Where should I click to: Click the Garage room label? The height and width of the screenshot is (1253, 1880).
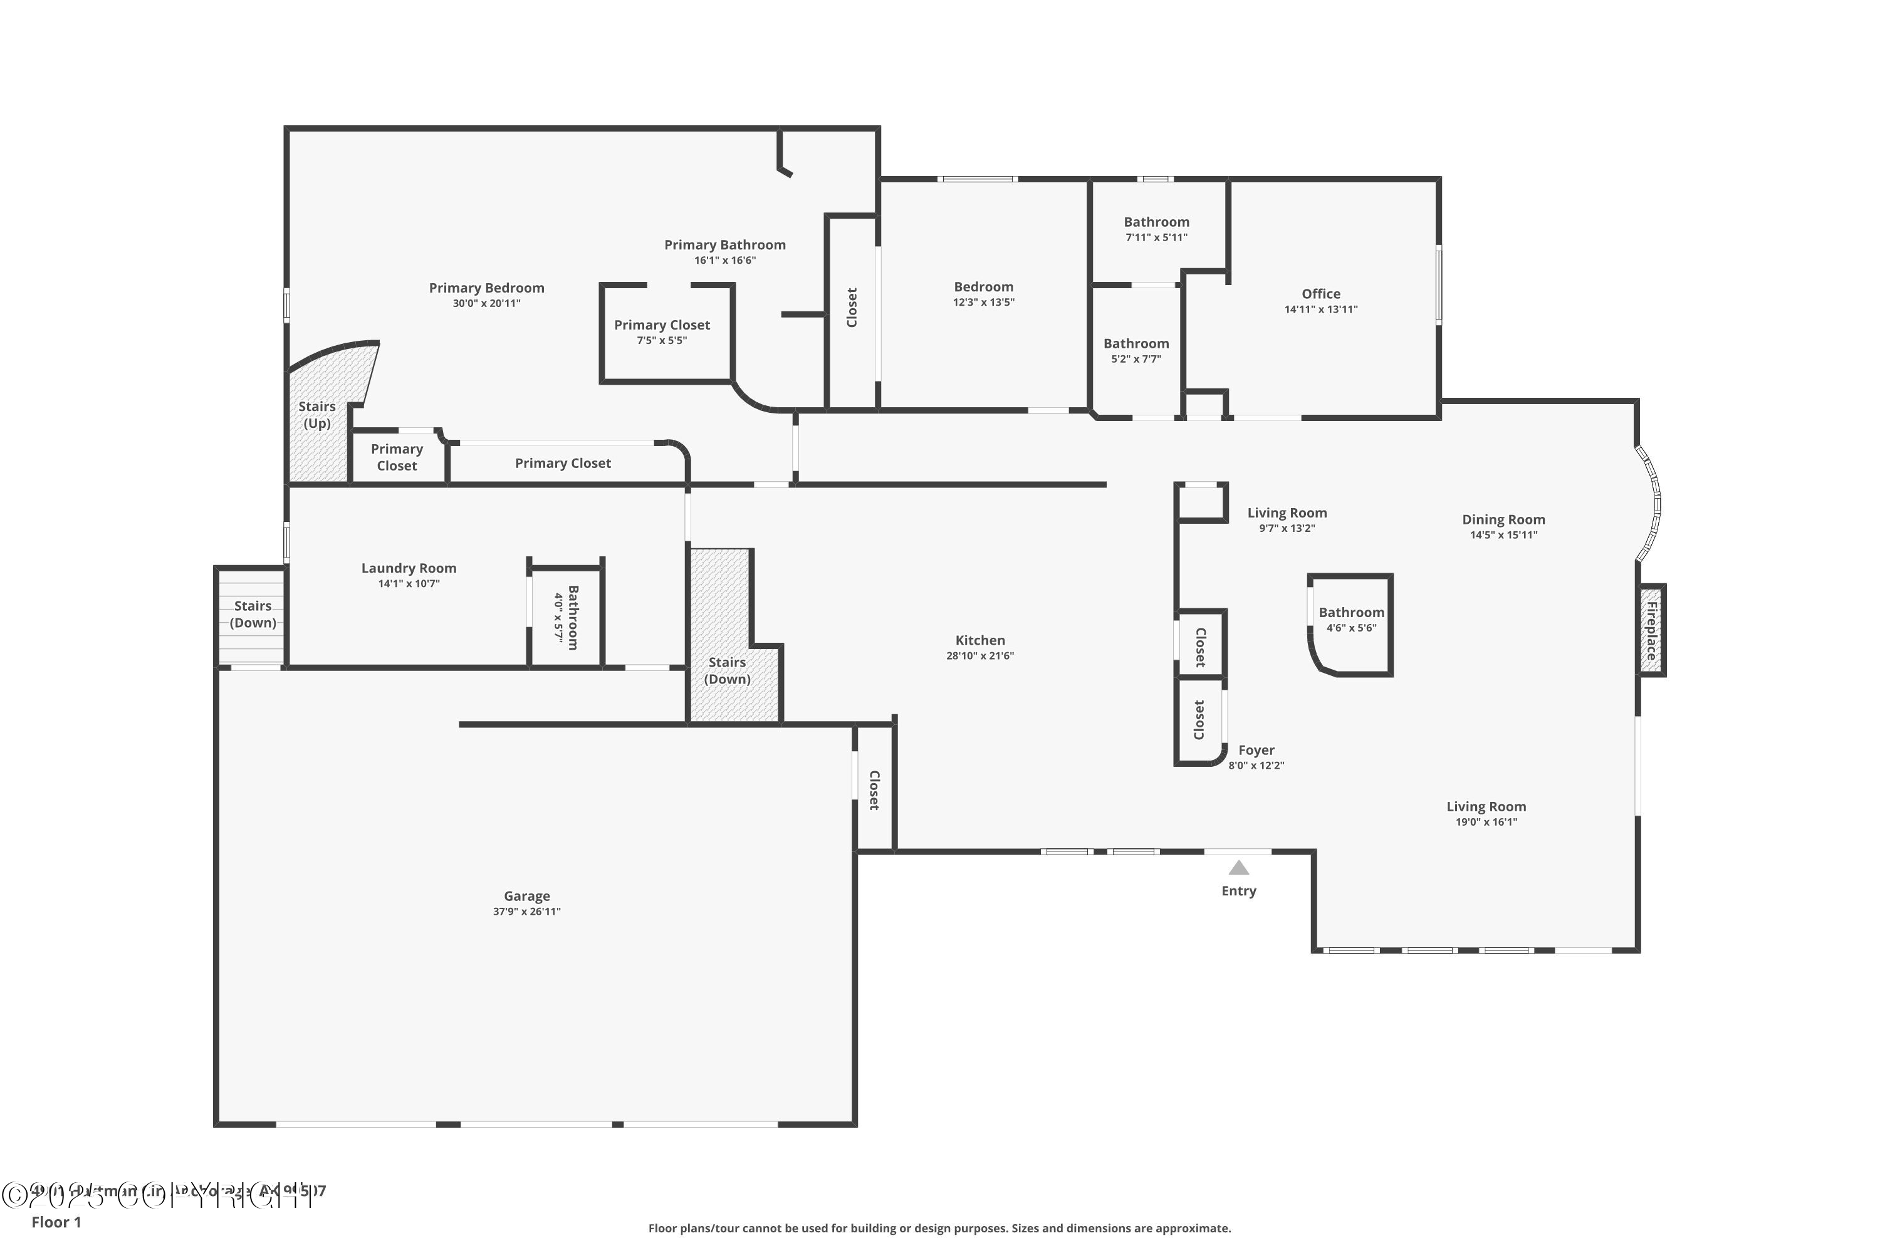pos(527,896)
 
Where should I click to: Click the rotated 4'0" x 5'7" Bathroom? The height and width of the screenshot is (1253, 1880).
pos(566,617)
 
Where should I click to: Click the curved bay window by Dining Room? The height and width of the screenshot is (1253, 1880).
pos(1651,504)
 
